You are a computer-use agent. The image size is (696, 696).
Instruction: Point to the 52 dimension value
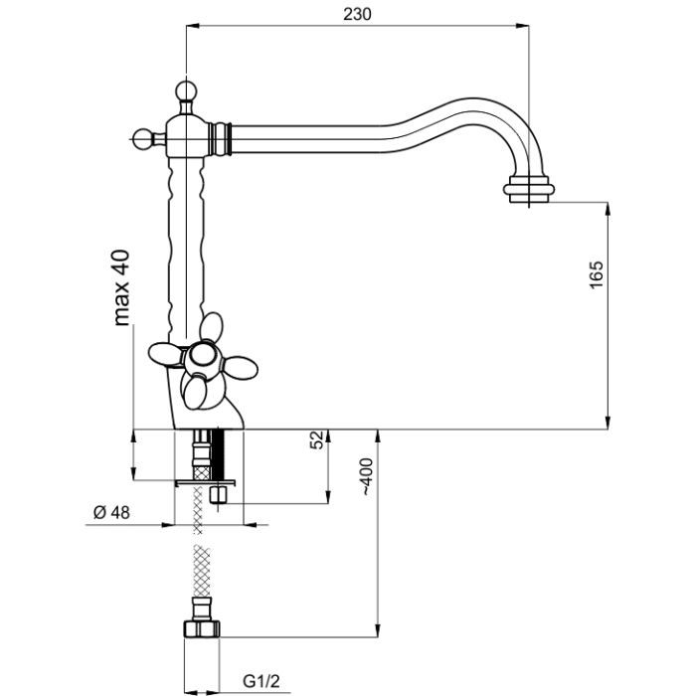pyautogui.click(x=317, y=441)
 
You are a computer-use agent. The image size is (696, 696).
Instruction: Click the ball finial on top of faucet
pyautogui.click(x=184, y=91)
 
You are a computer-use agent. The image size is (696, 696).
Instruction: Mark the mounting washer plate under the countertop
pyautogui.click(x=204, y=481)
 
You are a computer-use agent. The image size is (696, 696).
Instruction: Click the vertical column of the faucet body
pyautogui.click(x=184, y=239)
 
